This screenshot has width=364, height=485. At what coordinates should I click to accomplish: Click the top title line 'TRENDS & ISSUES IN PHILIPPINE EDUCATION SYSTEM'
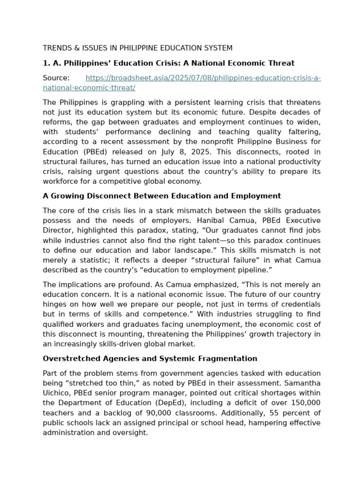[x=137, y=48]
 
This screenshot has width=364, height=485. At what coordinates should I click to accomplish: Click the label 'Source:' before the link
[x=56, y=78]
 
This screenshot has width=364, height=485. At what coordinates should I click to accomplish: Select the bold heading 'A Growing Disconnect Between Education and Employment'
[x=162, y=196]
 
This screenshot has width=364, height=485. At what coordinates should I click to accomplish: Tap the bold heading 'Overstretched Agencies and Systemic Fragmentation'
[x=150, y=359]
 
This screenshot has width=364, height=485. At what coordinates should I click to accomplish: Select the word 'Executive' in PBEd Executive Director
[x=301, y=221]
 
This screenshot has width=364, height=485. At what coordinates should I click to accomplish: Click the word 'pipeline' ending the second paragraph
[x=253, y=270]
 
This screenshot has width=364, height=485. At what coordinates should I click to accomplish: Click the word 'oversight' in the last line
[x=129, y=432]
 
